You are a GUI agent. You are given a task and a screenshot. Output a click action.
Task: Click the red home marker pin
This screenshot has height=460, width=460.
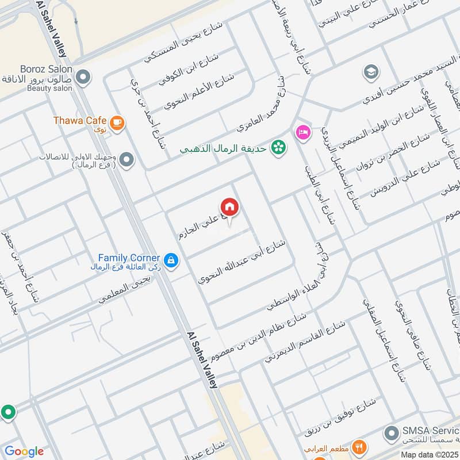[229, 208]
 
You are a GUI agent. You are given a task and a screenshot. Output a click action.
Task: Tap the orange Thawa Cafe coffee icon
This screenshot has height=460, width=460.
[117, 122]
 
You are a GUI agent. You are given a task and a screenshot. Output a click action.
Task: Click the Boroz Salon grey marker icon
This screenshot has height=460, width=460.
[83, 76]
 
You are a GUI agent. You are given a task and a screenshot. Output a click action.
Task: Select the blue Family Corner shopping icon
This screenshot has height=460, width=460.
[170, 260]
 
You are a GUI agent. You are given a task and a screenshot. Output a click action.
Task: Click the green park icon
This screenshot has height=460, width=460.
[279, 147]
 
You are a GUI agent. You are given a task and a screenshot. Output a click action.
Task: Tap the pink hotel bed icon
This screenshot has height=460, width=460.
[301, 132]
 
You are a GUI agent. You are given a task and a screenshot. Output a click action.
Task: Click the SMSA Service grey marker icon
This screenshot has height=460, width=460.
[392, 432]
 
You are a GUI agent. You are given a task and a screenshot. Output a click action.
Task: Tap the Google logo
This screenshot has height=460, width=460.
[24, 451]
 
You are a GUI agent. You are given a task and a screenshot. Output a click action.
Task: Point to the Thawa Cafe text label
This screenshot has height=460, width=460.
[79, 121]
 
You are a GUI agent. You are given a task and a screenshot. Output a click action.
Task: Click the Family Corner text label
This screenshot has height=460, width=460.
[128, 258]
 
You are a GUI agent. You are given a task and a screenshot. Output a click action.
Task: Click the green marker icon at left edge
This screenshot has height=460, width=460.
[7, 412]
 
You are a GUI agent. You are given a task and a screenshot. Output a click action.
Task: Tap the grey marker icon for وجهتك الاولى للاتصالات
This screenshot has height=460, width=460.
[126, 160]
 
